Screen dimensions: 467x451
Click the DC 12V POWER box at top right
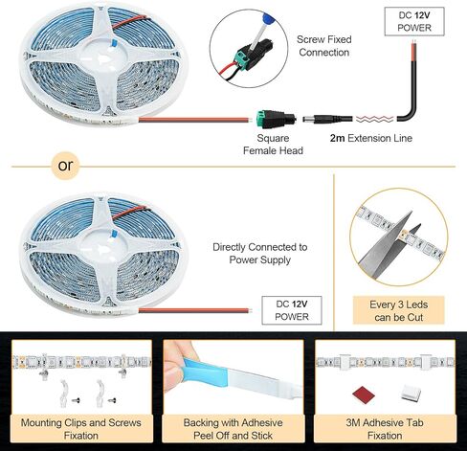[x=414, y=21]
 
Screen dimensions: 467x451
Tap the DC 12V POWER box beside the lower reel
[x=292, y=310]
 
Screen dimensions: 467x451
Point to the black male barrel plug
[x=327, y=119]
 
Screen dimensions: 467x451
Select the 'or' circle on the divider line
[x=65, y=166]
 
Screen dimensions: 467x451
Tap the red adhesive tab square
[x=364, y=395]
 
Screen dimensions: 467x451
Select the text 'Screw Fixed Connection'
[x=324, y=46]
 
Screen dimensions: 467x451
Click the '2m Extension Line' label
[x=371, y=138]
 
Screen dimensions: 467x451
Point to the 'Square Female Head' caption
[x=273, y=145]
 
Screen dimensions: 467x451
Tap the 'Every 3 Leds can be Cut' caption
[x=398, y=310]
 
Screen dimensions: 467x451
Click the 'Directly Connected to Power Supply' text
[x=260, y=254]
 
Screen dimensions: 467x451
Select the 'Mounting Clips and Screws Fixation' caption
[x=81, y=429]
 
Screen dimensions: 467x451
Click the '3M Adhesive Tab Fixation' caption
[x=385, y=429]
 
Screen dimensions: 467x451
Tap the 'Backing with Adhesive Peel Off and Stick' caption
[x=233, y=429]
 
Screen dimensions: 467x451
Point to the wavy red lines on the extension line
[x=374, y=119]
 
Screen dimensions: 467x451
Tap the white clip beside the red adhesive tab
[x=411, y=392]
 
